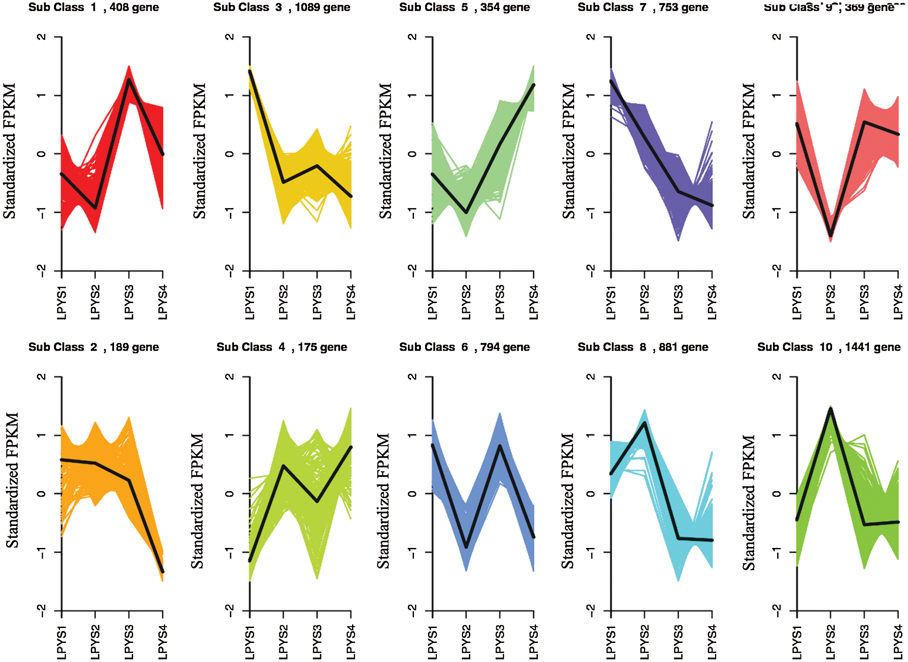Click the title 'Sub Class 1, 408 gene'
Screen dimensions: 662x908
(94, 7)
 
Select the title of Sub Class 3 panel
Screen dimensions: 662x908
(282, 7)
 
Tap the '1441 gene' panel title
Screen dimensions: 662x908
(829, 347)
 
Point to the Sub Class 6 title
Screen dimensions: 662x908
(464, 347)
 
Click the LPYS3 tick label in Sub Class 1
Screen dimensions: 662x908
(129, 302)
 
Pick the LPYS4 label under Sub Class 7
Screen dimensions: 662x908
(712, 302)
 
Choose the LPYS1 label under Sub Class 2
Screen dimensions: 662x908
(61, 642)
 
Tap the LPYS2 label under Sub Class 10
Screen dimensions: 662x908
(831, 642)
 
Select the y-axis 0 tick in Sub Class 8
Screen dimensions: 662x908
(591, 493)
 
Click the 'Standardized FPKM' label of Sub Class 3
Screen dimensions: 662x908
(199, 151)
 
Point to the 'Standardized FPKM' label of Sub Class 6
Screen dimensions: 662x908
(383, 501)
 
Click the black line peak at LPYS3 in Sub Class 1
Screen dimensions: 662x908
(129, 80)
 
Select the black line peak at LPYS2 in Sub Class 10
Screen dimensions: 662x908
(831, 409)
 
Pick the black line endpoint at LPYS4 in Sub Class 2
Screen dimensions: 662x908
(163, 572)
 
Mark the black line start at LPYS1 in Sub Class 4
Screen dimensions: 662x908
(250, 561)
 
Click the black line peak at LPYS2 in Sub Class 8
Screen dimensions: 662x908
(644, 423)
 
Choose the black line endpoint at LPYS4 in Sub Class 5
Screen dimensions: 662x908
(534, 85)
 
